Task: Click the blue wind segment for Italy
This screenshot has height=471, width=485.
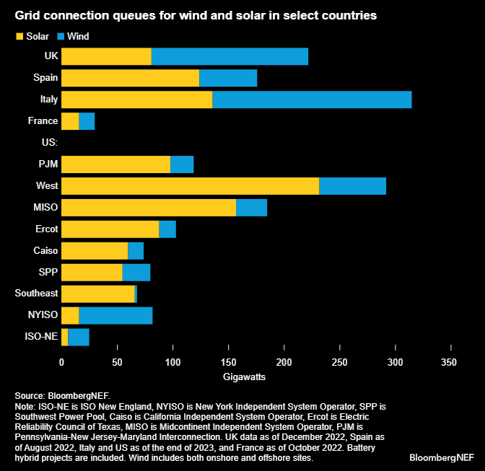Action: (x=312, y=100)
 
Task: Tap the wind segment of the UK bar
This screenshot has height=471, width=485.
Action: (x=230, y=56)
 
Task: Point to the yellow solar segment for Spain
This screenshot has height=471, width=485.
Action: (x=130, y=78)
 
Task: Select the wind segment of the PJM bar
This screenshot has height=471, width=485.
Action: (x=182, y=164)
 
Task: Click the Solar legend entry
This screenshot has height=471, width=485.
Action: (x=32, y=35)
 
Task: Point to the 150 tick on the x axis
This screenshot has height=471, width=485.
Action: (x=228, y=361)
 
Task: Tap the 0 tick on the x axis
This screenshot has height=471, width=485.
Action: (x=61, y=361)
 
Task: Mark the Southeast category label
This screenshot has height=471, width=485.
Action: (x=36, y=294)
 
